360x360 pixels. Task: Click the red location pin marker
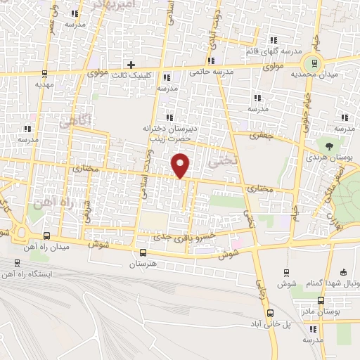point(181,166)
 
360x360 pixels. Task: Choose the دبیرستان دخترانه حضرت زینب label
point(169,134)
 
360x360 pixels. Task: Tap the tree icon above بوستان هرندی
point(329,146)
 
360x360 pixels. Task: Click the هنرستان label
point(143,263)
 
